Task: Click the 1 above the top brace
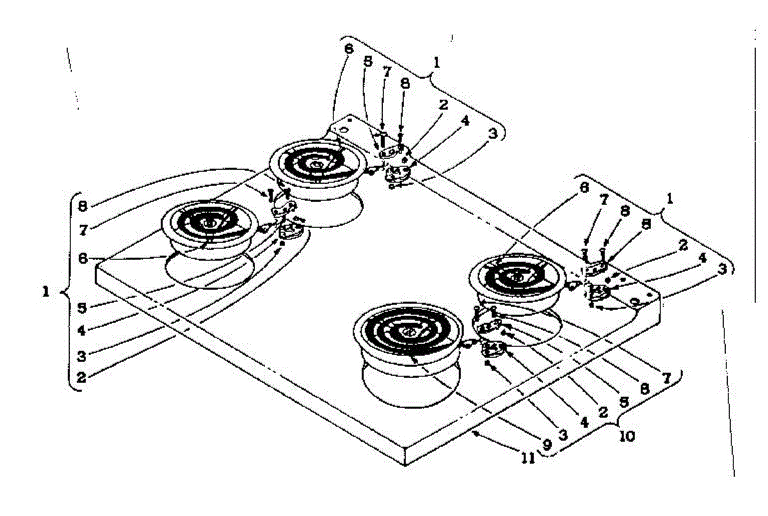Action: pyautogui.click(x=436, y=63)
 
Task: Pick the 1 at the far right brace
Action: pyautogui.click(x=670, y=199)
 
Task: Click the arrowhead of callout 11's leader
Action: pyautogui.click(x=474, y=433)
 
